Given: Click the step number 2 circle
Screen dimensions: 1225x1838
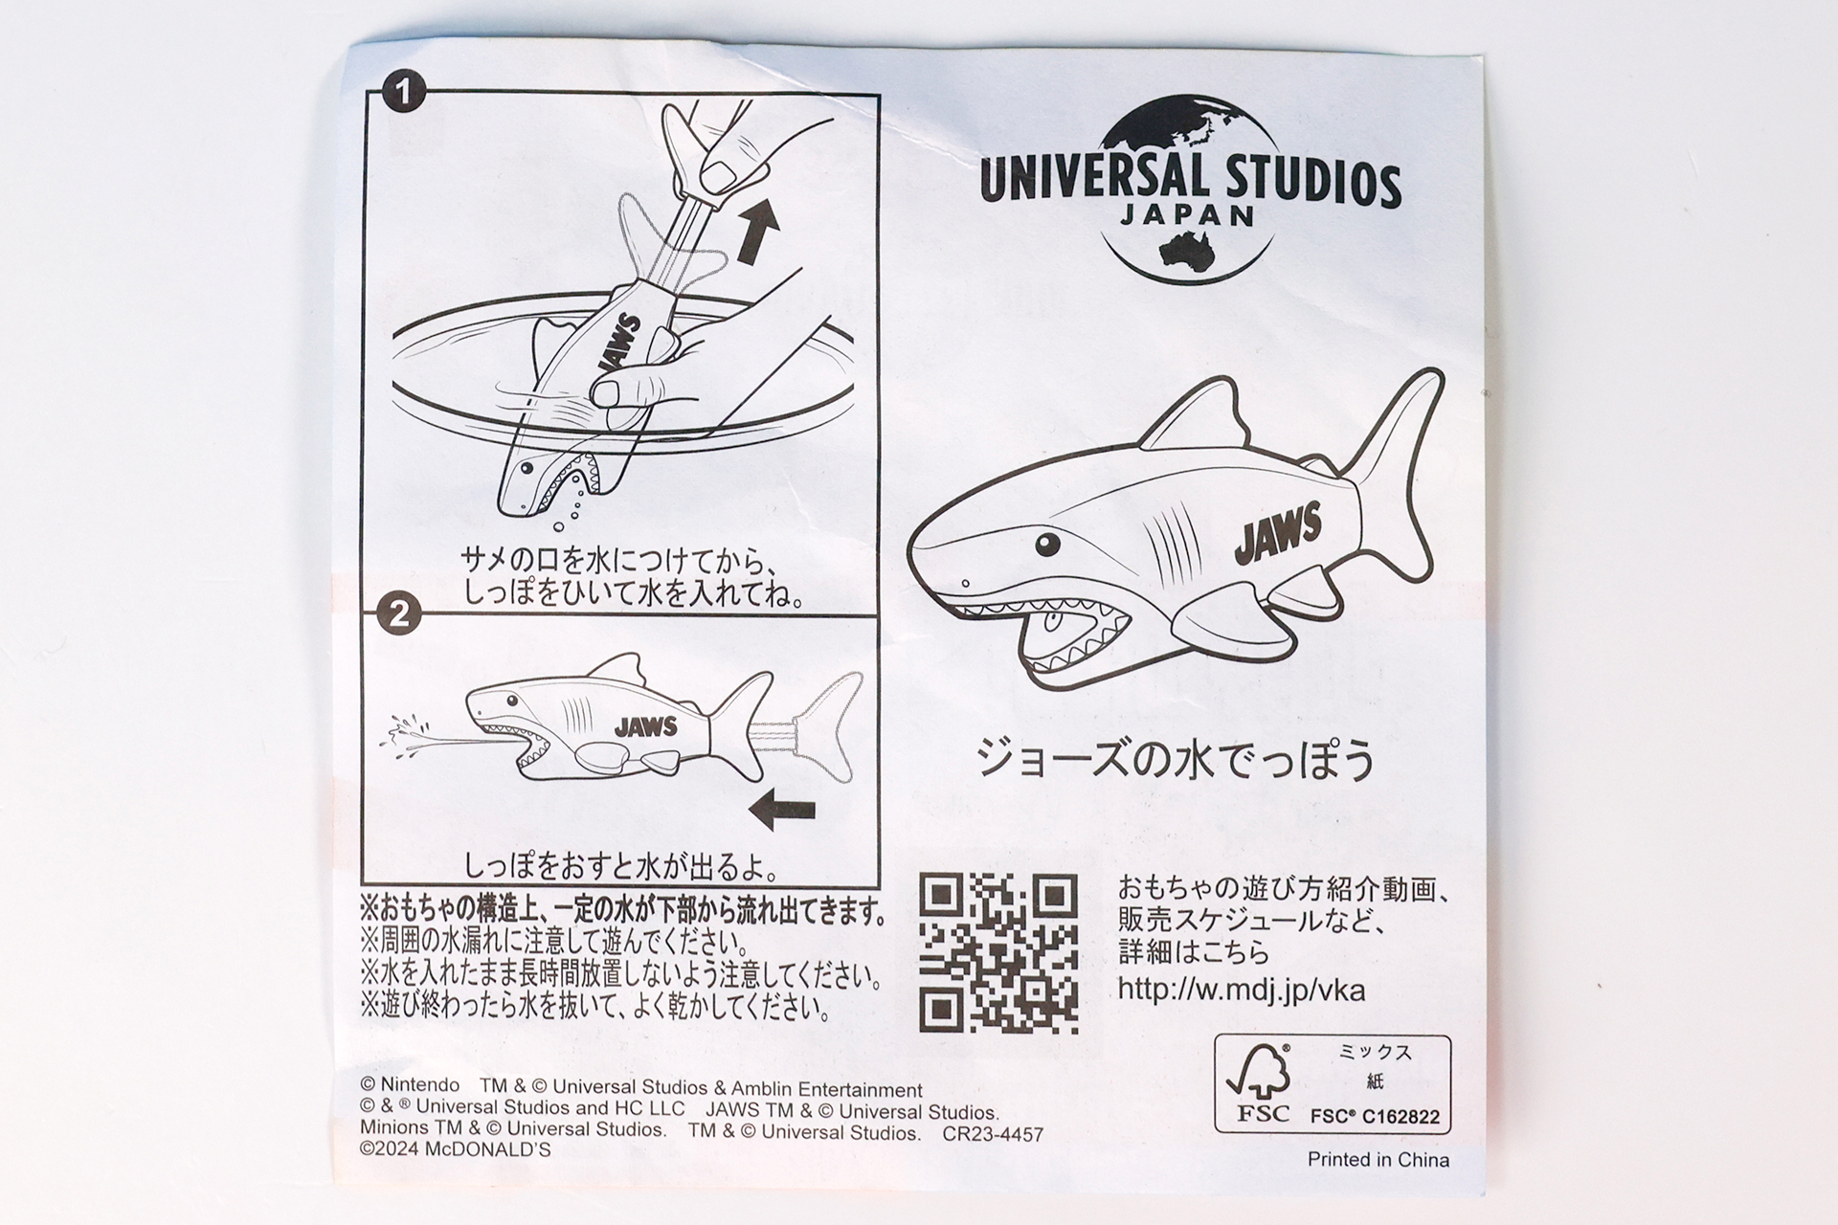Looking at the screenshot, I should click(399, 613).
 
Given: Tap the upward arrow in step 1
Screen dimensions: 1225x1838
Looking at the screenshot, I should click(757, 233).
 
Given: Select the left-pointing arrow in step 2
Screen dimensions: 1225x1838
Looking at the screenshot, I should click(782, 811).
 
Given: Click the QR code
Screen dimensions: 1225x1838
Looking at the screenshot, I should click(998, 953).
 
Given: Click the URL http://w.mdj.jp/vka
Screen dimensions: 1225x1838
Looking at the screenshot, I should click(1241, 989).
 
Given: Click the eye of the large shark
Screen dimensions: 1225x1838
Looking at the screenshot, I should click(1048, 544).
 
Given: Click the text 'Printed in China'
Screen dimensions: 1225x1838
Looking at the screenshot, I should click(1378, 1160).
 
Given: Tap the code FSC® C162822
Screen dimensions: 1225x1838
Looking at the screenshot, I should click(1374, 1116).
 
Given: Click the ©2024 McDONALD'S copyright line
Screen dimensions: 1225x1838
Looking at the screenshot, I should click(456, 1150).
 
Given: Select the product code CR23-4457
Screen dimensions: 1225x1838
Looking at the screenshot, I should click(993, 1134).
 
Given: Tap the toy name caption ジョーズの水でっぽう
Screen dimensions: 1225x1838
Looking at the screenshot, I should click(1175, 760).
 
